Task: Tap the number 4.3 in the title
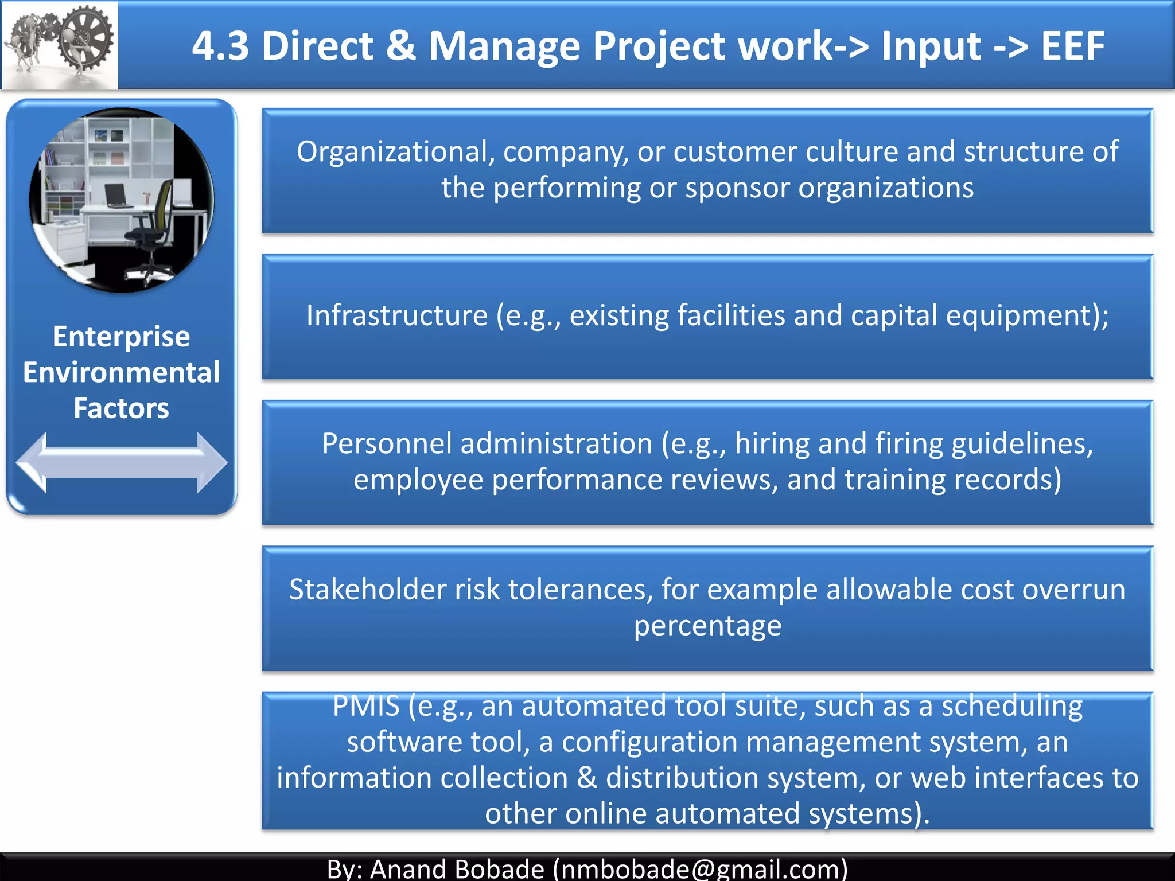click(x=220, y=46)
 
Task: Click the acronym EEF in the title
click(x=1072, y=46)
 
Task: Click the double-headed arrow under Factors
click(x=122, y=462)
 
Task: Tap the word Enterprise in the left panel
click(x=121, y=337)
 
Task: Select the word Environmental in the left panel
click(x=121, y=372)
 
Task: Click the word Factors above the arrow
click(x=121, y=408)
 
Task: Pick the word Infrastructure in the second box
click(x=396, y=315)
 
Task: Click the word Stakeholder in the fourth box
click(x=368, y=590)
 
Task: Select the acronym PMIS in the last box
click(x=366, y=705)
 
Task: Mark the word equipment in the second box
click(x=1018, y=315)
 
